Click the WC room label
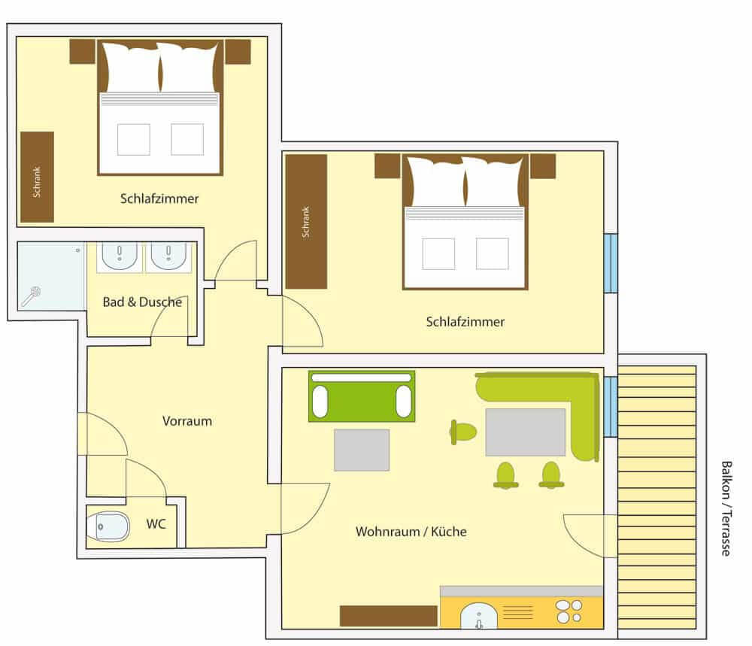tap(156, 523)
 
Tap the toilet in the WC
tap(109, 526)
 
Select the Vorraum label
tap(187, 421)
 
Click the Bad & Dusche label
tap(142, 302)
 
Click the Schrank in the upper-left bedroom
tap(37, 177)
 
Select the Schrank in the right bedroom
tap(306, 221)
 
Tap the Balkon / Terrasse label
tap(726, 508)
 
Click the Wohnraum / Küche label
tap(411, 532)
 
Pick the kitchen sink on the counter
tap(478, 616)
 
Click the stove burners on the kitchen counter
tap(569, 611)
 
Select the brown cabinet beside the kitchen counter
tap(389, 616)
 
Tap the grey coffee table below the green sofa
tap(362, 450)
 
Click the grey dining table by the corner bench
tap(525, 432)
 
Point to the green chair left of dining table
tap(462, 432)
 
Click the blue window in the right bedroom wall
tap(611, 262)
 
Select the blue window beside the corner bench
tap(611, 407)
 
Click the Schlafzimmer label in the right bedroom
tap(465, 322)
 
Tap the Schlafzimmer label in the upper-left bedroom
tap(159, 199)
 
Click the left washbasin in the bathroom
tap(120, 255)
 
